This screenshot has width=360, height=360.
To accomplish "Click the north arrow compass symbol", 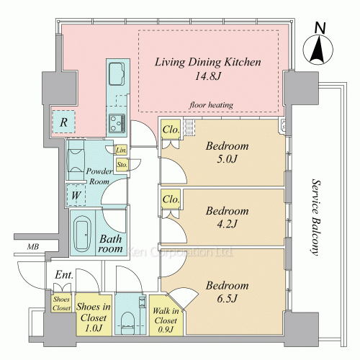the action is (318, 49).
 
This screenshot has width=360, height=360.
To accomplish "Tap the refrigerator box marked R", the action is (63, 122).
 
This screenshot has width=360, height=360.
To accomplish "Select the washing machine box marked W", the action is (76, 195).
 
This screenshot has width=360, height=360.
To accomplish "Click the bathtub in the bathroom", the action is (82, 233).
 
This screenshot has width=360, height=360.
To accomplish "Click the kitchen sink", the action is (117, 74).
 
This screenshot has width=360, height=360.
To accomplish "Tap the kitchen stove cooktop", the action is (117, 123).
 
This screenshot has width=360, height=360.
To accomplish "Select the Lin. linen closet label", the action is (121, 150).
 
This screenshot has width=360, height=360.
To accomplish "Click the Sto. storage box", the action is (122, 165).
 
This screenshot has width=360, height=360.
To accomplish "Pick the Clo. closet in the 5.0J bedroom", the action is (171, 130).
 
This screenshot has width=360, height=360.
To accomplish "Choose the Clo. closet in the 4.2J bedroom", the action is (171, 199).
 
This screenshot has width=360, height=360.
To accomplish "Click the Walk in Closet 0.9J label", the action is (166, 320).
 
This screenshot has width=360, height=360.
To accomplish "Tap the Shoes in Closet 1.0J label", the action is (94, 317).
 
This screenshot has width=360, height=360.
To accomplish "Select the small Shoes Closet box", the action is (61, 303).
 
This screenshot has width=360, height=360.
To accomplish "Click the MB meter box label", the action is (32, 246).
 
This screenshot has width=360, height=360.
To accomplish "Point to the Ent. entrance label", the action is (64, 275).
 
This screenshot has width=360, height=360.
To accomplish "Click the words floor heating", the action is (211, 105).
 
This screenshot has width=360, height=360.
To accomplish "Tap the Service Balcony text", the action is (315, 217).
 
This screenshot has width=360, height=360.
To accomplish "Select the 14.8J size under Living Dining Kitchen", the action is (207, 76).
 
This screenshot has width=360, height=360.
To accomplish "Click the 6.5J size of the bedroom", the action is (227, 299).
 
